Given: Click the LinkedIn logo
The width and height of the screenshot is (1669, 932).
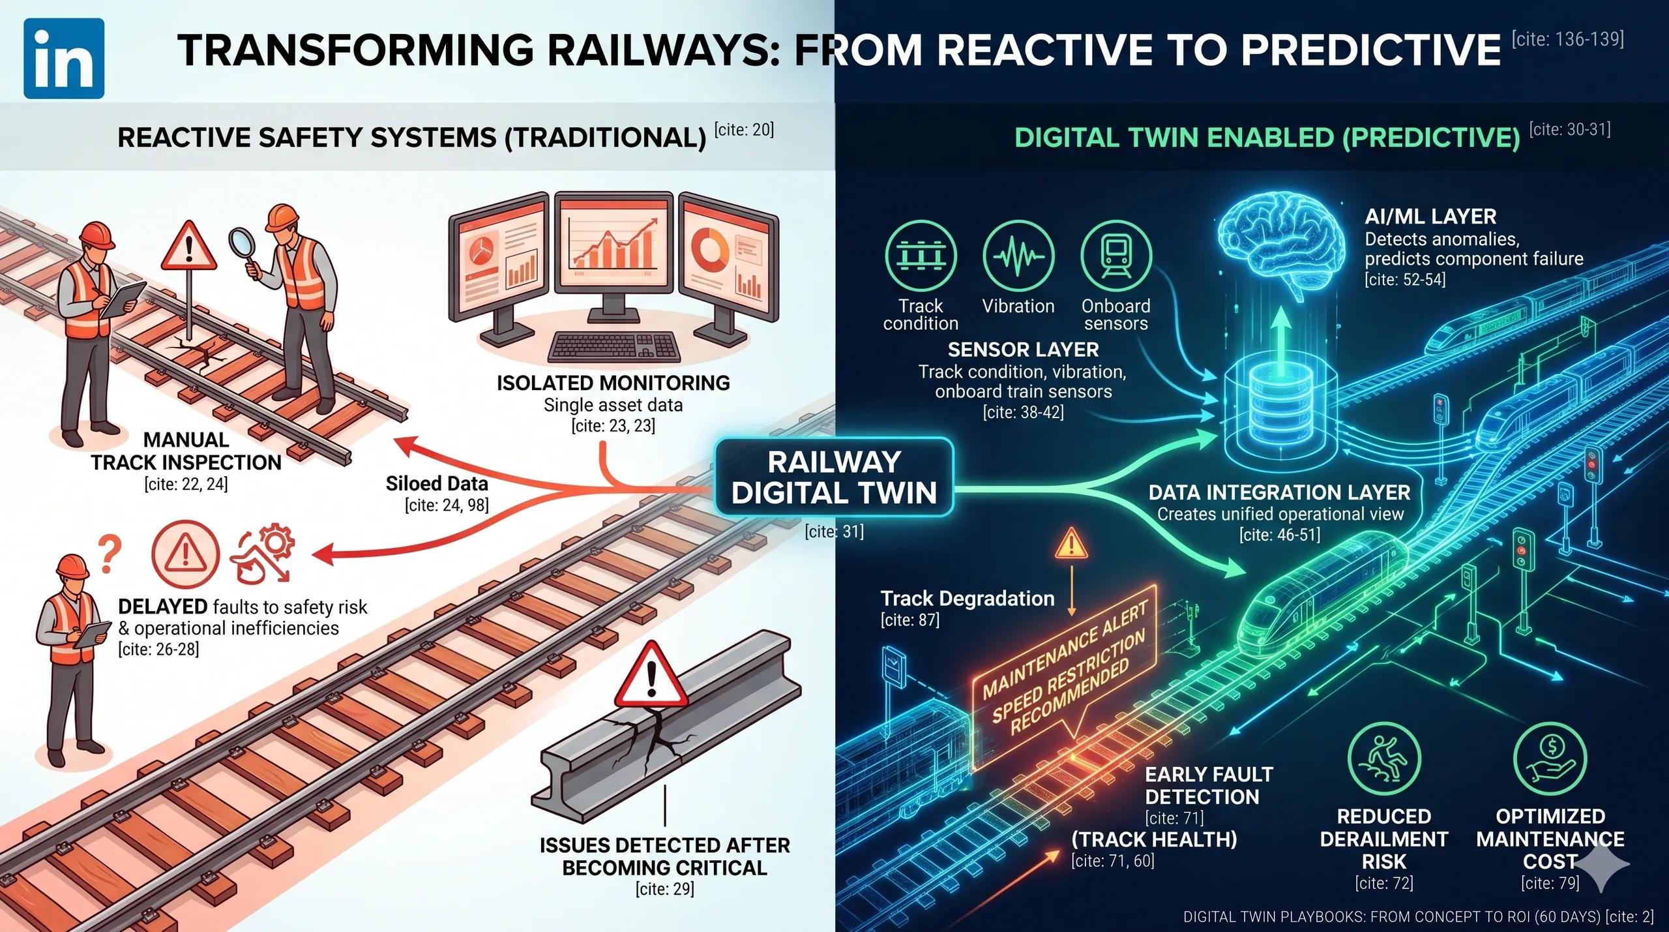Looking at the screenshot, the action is [64, 59].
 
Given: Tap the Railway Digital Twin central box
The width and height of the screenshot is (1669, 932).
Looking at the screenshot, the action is [834, 477].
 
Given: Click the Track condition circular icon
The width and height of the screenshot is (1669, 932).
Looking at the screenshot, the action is [921, 256].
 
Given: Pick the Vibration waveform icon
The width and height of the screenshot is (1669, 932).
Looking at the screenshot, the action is [1018, 256].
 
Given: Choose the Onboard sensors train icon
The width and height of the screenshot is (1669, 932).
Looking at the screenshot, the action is [1116, 256].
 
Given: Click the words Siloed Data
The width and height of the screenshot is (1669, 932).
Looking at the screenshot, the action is [437, 483].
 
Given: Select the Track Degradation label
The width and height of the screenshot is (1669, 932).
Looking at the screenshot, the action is [967, 598].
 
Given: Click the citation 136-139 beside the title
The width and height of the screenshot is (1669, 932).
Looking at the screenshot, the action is [1567, 39].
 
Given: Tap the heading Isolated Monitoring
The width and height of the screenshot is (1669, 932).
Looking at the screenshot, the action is [613, 383].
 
